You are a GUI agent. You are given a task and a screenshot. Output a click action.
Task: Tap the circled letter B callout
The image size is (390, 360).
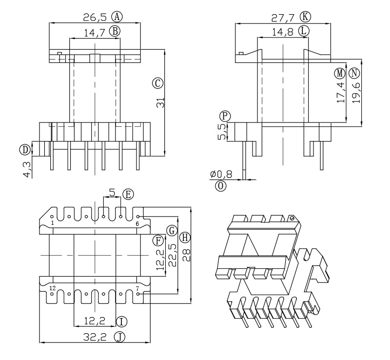click(115, 31)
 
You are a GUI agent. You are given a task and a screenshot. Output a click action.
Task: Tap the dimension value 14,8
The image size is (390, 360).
click(283, 31)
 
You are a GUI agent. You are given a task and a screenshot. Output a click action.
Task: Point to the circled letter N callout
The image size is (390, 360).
click(354, 73)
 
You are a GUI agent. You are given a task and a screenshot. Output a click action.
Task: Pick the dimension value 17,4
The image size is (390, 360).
click(341, 91)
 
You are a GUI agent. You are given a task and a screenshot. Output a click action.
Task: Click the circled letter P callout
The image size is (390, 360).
click(224, 116)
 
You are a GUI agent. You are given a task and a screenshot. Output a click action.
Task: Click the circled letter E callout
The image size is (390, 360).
click(128, 194)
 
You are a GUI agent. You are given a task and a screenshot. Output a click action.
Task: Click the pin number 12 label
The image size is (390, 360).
click(52, 288)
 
